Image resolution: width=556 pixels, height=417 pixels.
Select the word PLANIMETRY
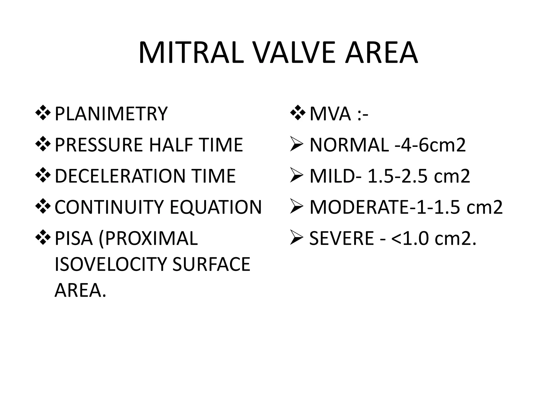point(111,114)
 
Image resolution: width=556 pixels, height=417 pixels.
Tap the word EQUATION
point(216,207)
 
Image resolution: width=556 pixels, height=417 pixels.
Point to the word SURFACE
point(211,264)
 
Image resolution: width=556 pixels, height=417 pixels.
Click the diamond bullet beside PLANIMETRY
point(43,113)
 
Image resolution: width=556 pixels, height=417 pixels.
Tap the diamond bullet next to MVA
point(298,113)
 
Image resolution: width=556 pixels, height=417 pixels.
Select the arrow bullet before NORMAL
point(296,145)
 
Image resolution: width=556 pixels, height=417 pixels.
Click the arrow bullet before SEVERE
point(296,238)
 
